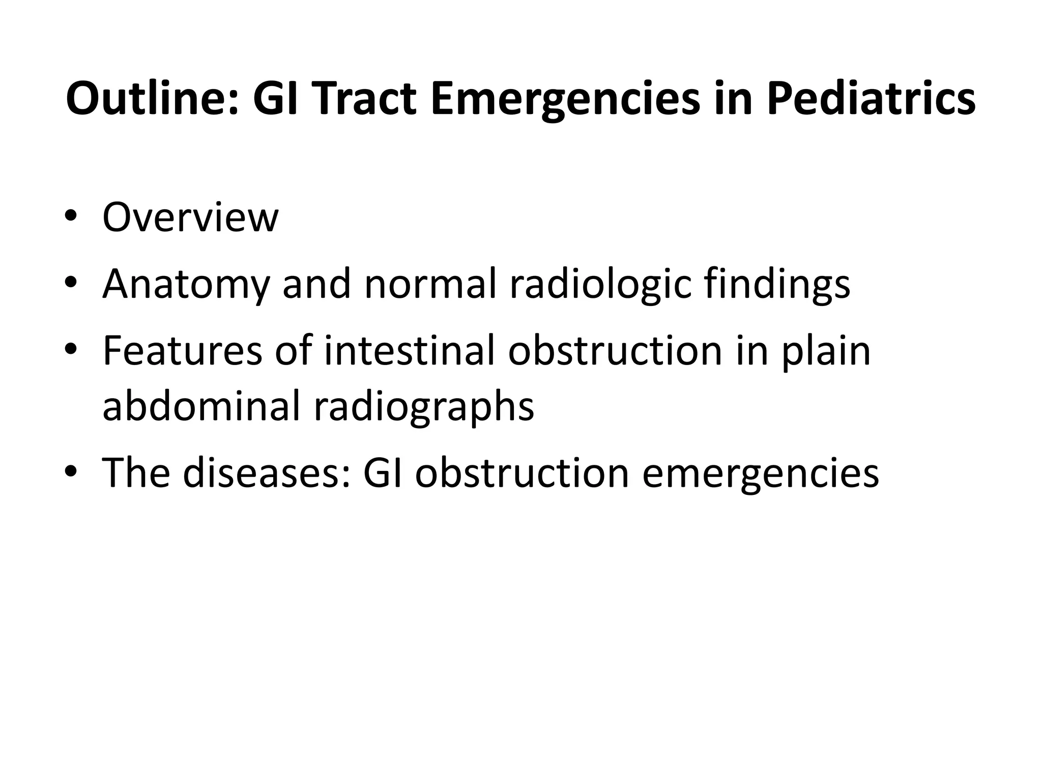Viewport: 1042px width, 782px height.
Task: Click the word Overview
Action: click(190, 218)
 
